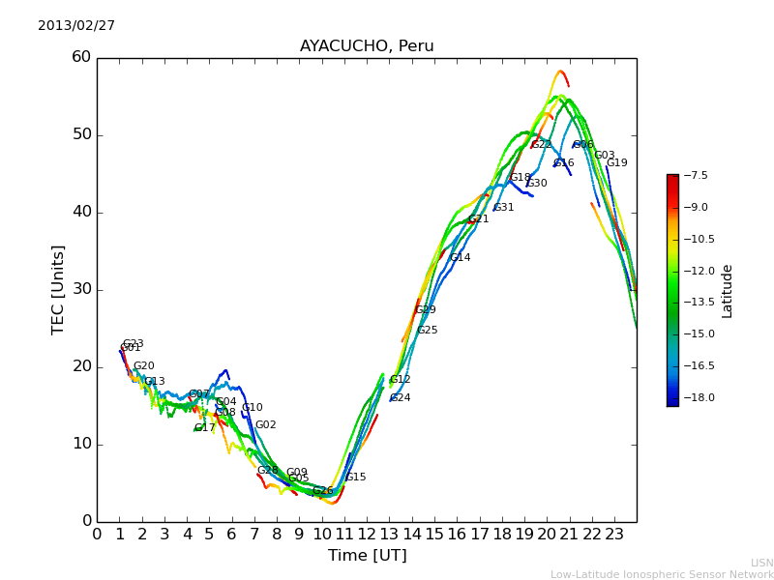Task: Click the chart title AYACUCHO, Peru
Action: [x=367, y=46]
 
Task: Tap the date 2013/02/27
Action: [x=76, y=26]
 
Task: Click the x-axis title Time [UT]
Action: [x=367, y=556]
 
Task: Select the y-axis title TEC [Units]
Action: [x=59, y=290]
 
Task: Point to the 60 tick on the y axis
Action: [x=81, y=57]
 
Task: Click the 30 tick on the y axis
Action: [x=81, y=289]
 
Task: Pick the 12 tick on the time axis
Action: [x=367, y=533]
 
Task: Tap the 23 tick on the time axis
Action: [x=614, y=533]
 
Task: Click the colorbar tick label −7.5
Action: [x=696, y=176]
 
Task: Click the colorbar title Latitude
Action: [x=728, y=290]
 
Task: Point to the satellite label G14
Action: [x=461, y=258]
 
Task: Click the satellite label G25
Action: [x=428, y=331]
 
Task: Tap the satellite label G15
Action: [x=356, y=478]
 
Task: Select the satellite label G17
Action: [x=205, y=428]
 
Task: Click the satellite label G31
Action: [x=504, y=208]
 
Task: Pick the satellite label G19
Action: [x=617, y=163]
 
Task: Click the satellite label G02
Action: [x=266, y=425]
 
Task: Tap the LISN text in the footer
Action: [x=761, y=563]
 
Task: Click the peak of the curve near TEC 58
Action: [x=560, y=71]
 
